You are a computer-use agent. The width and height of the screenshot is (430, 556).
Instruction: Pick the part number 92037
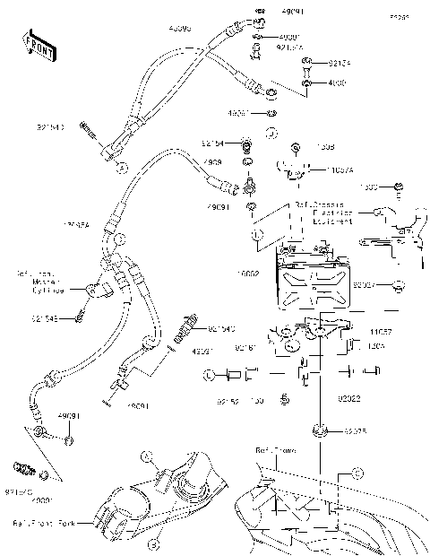(364, 285)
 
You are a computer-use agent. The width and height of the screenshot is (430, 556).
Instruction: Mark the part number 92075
(357, 431)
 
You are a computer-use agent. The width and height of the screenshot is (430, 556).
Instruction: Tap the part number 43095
(180, 29)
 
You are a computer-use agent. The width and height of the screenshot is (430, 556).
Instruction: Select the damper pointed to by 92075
(320, 431)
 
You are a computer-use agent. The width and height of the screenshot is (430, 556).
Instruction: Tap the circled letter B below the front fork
(153, 543)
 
